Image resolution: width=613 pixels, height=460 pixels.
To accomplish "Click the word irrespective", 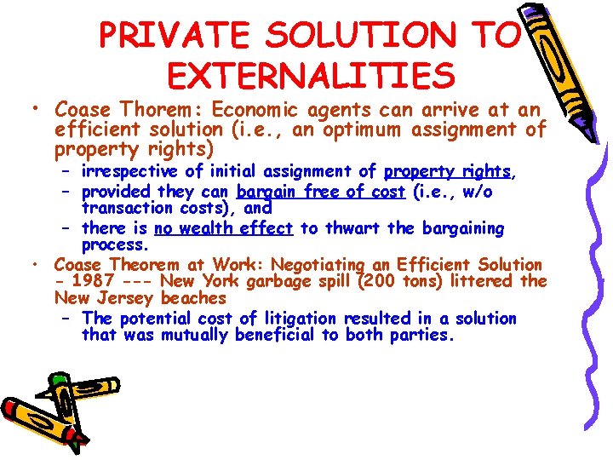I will [129, 171].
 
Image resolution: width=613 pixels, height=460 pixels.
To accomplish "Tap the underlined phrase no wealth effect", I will [224, 228].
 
